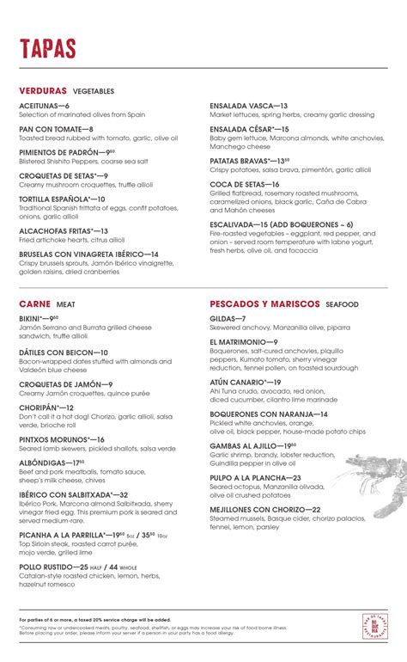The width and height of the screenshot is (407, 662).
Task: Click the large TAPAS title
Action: tap(47, 49)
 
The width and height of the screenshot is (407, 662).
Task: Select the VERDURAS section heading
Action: tap(43, 90)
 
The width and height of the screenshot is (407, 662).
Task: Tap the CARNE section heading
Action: tap(34, 304)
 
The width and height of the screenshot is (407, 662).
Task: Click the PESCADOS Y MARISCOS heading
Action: tap(265, 304)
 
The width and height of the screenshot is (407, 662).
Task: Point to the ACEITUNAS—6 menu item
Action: tap(44, 106)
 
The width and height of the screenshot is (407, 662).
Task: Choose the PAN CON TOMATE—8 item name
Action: tap(56, 129)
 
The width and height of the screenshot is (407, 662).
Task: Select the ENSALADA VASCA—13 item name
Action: tap(248, 106)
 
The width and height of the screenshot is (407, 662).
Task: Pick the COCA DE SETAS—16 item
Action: tap(245, 184)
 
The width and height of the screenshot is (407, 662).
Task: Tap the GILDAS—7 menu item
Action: tap(228, 318)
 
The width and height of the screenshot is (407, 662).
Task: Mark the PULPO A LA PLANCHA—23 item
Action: tap(255, 477)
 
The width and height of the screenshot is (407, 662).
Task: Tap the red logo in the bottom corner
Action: tap(374, 626)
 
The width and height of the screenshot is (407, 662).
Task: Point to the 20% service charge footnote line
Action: tap(94, 619)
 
